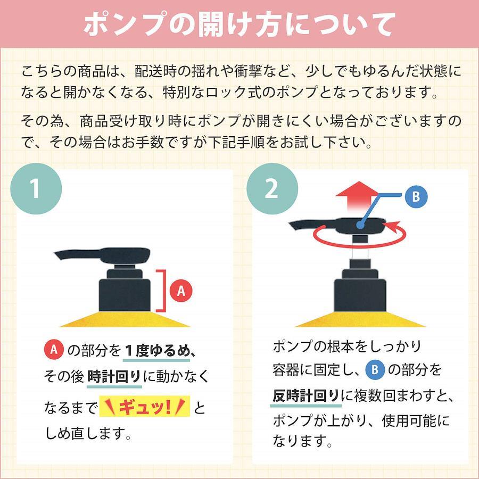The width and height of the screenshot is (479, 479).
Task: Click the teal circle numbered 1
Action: tap(36, 188)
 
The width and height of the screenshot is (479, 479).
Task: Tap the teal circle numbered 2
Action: tap(272, 188)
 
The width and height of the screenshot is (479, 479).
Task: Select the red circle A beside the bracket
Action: tap(181, 290)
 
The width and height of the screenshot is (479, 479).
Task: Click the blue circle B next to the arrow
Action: tap(416, 196)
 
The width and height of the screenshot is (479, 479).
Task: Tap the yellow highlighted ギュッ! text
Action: tap(144, 407)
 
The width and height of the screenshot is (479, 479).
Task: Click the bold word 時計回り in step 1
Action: tap(114, 376)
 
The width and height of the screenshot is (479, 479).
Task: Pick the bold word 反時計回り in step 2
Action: tap(306, 396)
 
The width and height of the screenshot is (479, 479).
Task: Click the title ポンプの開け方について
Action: tap(240, 24)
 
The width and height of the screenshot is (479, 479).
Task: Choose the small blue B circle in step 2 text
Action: tap(375, 370)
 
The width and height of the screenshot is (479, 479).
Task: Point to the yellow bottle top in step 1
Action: tap(125, 319)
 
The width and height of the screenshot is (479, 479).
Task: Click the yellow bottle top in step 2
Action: tap(360, 319)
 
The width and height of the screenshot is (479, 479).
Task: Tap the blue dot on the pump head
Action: tap(360, 226)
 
